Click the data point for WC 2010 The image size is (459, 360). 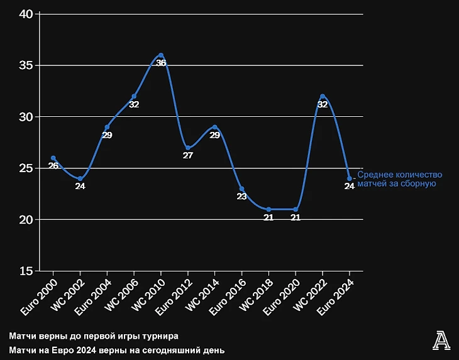[161, 55]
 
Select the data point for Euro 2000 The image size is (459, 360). [53, 158]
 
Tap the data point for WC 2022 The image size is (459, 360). [323, 96]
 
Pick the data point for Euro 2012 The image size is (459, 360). [188, 148]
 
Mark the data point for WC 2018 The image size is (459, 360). [268, 209]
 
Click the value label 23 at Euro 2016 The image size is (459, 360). [241, 197]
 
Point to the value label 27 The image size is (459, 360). [188, 156]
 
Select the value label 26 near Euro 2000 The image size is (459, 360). [53, 166]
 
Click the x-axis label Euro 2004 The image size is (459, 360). [93, 297]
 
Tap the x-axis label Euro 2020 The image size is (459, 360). [281, 297]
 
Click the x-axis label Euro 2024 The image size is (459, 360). [335, 297]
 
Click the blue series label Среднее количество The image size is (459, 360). [400, 175]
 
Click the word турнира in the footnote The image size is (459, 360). [161, 336]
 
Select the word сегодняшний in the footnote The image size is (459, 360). [171, 350]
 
